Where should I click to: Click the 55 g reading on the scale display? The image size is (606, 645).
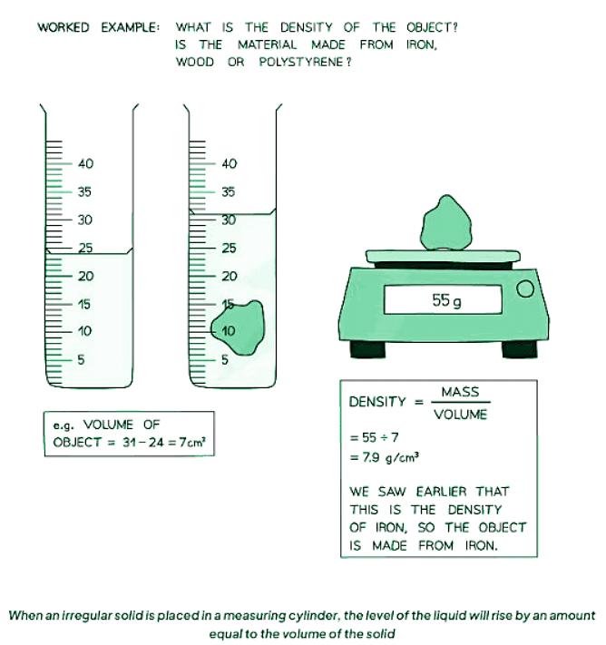coord(446,300)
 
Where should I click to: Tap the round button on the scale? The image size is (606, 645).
coord(523,290)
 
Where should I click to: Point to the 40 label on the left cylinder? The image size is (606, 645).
coord(87,164)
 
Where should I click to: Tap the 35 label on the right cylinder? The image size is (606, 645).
coord(229,192)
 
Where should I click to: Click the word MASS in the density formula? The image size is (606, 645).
coord(460,393)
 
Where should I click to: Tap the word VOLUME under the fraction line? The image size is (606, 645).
coord(460,415)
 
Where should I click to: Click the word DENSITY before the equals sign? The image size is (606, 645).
coord(377,402)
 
